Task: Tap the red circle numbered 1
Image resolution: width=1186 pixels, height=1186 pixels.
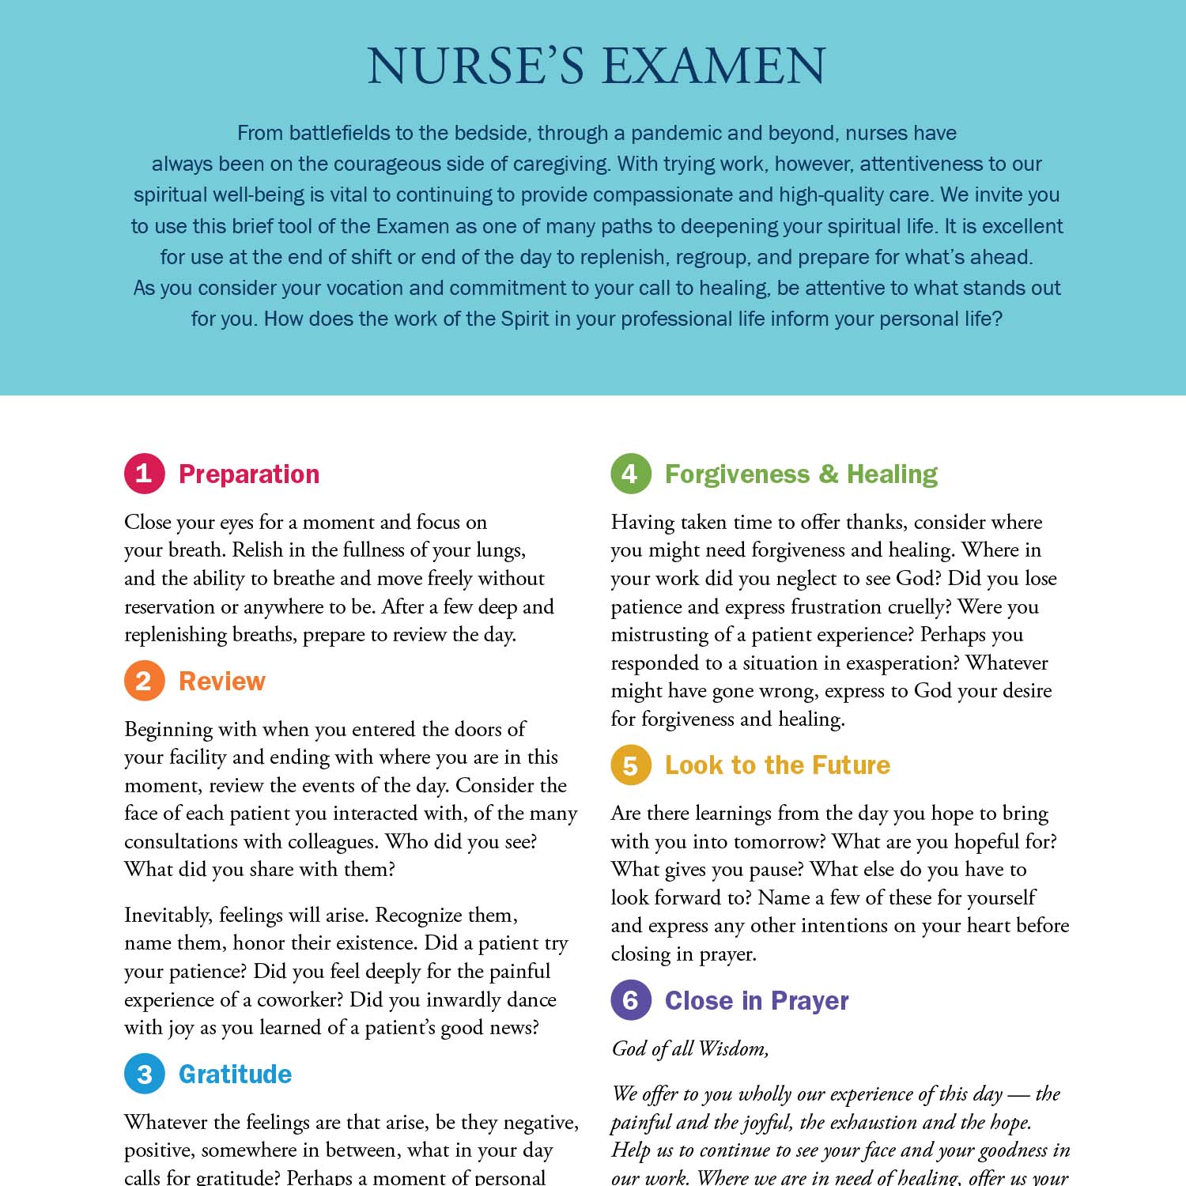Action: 144,474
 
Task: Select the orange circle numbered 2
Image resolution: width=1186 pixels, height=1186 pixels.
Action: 144,681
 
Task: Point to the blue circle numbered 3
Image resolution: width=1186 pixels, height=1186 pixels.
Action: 144,1074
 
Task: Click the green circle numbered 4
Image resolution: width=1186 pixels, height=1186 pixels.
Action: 630,474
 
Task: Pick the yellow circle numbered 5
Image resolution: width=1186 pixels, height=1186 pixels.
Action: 630,765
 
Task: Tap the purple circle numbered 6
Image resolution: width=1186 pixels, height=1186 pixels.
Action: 630,1000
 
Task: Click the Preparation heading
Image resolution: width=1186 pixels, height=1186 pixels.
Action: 249,474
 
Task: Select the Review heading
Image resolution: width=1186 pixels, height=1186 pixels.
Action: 222,681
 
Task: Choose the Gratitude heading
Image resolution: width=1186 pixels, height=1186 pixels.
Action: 235,1074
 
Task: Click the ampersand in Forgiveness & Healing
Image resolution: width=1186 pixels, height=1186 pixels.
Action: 829,474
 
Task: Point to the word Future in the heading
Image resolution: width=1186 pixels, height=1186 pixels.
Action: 851,765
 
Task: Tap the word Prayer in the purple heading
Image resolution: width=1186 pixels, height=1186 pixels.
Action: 810,1001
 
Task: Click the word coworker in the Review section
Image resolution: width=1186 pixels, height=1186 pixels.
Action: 301,999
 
